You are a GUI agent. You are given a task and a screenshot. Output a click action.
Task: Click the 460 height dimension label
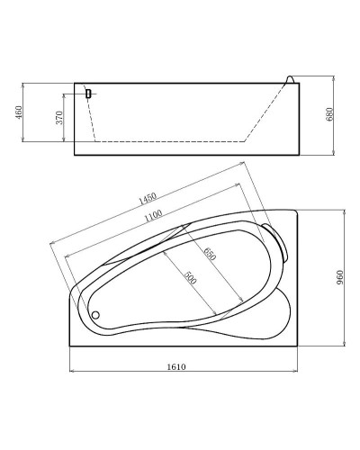point(19,112)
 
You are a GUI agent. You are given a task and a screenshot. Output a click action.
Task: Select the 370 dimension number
point(59,118)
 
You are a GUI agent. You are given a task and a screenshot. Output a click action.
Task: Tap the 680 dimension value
point(329,114)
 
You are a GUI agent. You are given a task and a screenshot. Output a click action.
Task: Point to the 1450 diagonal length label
point(148,198)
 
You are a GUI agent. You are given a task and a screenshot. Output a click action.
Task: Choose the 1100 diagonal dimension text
point(153,216)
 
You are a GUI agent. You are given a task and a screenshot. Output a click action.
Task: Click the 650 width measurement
point(210,254)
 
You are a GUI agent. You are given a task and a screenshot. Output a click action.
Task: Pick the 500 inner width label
point(190,278)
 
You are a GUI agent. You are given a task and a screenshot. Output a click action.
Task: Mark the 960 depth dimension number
point(339,277)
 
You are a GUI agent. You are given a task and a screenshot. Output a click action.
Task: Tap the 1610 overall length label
point(176,366)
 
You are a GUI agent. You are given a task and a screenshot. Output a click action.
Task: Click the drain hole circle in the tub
point(95,315)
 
